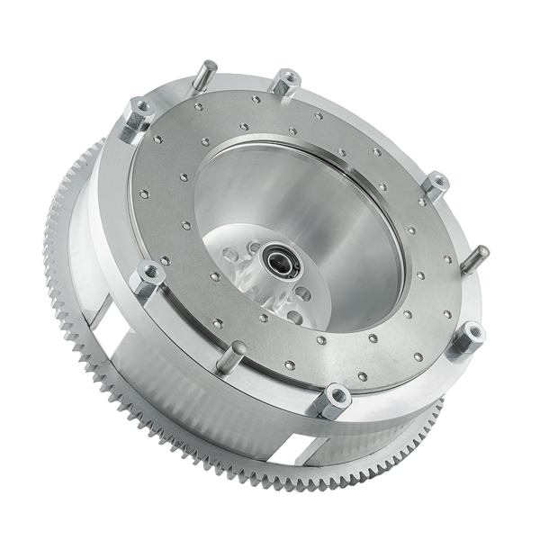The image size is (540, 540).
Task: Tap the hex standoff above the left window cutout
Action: click(x=143, y=278)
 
